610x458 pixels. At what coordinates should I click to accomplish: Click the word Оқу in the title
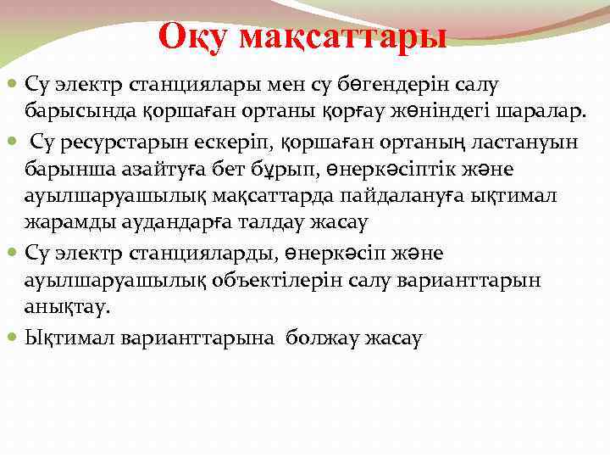pyautogui.click(x=192, y=36)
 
